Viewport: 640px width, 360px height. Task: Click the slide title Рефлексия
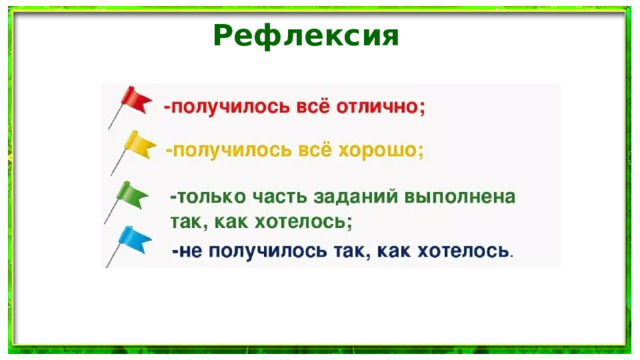pos(306,37)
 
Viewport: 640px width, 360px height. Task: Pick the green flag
pos(131,193)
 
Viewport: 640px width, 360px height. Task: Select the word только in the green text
pos(210,196)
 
